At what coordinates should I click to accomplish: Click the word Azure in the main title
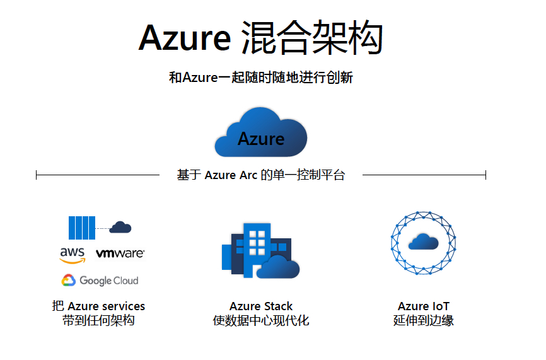[185, 38]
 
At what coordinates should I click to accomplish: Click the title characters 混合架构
[312, 38]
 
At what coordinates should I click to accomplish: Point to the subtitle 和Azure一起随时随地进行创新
[261, 78]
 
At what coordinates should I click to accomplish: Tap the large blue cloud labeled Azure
[261, 132]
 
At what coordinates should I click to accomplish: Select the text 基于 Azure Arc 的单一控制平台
[261, 175]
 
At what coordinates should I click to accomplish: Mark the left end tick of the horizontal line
[36, 175]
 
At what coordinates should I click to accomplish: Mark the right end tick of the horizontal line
[485, 175]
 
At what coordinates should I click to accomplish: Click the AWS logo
[73, 255]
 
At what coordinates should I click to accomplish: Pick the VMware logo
[120, 253]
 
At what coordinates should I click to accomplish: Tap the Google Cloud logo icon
[69, 281]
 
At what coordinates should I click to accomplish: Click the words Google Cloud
[109, 281]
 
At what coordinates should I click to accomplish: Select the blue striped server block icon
[82, 228]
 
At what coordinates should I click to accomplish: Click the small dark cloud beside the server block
[120, 228]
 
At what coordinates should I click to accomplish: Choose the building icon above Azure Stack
[261, 250]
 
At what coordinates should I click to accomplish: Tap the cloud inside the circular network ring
[424, 241]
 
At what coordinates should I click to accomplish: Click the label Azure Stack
[261, 306]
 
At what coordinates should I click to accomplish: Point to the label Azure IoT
[424, 306]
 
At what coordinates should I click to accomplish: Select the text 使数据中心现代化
[261, 320]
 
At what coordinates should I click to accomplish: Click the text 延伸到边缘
[424, 320]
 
